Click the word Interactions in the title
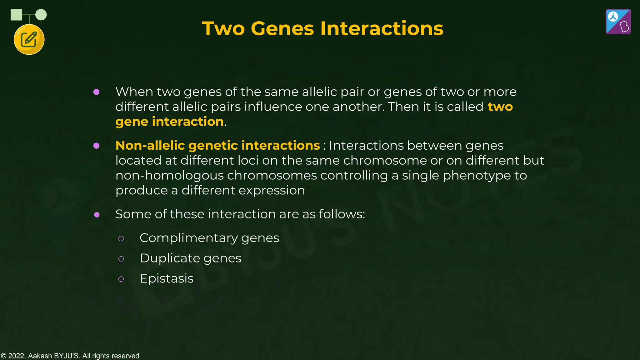pyautogui.click(x=382, y=28)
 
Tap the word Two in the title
pyautogui.click(x=223, y=28)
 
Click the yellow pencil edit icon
pyautogui.click(x=29, y=40)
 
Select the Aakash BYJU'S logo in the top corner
pyautogui.click(x=618, y=22)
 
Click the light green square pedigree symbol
pyautogui.click(x=16, y=15)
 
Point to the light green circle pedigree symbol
pyautogui.click(x=41, y=15)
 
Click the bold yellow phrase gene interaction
pyautogui.click(x=169, y=122)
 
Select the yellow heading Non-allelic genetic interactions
pyautogui.click(x=217, y=145)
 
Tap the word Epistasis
pyautogui.click(x=167, y=278)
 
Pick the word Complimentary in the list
pyautogui.click(x=188, y=238)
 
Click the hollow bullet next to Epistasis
pyautogui.click(x=121, y=279)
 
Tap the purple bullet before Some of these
pyautogui.click(x=97, y=215)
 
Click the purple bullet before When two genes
pyautogui.click(x=97, y=92)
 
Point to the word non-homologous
pyautogui.click(x=169, y=175)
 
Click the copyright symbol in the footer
pyautogui.click(x=3, y=356)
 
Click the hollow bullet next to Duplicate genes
pyautogui.click(x=121, y=258)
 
